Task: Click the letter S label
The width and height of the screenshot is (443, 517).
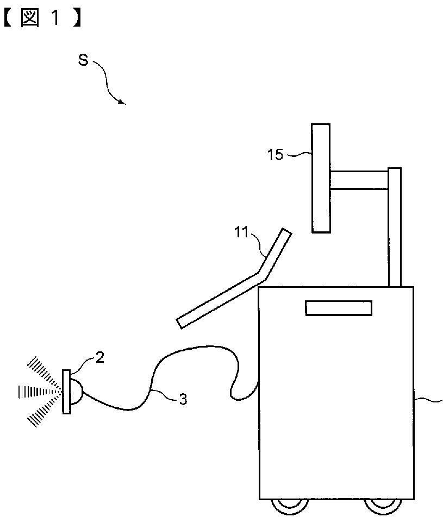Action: (83, 60)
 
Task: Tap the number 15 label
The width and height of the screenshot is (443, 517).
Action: (276, 155)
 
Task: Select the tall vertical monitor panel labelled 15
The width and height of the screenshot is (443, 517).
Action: (321, 178)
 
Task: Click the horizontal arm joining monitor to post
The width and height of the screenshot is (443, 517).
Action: (359, 180)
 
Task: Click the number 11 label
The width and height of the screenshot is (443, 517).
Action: (241, 234)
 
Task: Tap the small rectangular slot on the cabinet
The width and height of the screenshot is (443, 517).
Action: (339, 308)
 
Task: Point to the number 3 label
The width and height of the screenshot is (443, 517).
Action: (183, 400)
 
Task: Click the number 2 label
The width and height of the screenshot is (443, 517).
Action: (100, 357)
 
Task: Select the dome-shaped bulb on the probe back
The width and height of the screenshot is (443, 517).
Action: (77, 392)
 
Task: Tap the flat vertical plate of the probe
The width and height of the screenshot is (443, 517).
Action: (66, 392)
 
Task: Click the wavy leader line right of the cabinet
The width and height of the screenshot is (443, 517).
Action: (429, 401)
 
